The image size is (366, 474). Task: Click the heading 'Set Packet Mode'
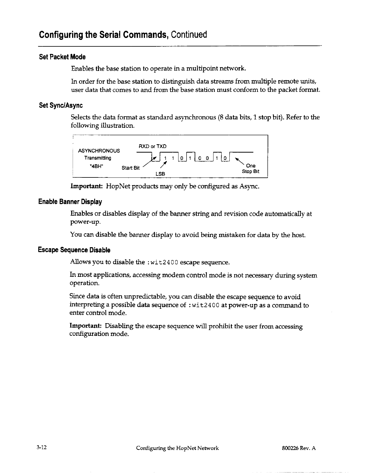pos(62,57)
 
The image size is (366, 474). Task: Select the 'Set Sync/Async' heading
pos(61,105)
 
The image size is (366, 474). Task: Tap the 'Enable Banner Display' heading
pos(70,202)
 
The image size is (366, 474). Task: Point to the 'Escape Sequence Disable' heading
pos(74,250)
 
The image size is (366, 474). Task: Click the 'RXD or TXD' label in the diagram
pos(152,146)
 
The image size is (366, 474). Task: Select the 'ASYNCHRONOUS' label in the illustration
pos(99,151)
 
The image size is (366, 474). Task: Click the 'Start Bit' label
pos(131,168)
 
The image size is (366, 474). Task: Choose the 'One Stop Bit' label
pos(251,168)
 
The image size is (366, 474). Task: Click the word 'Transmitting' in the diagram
pos(97,158)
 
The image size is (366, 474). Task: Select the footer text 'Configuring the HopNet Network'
pos(177,448)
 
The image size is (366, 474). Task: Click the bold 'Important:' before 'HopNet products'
pos(87,187)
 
